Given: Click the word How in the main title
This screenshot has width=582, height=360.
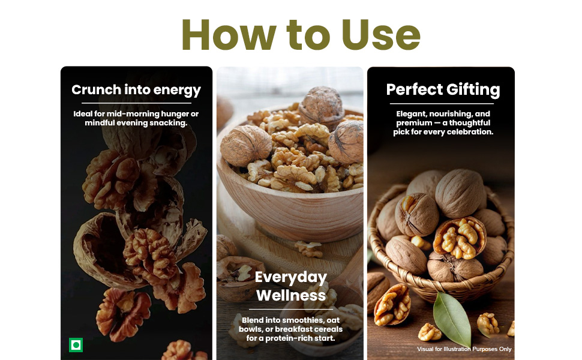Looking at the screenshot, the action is tap(229, 35).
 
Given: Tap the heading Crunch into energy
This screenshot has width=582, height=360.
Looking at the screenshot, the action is tap(136, 90).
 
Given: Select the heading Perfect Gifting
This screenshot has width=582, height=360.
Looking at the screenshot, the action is tap(443, 90).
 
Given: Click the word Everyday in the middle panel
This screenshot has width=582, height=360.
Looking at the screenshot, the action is tap(291, 277).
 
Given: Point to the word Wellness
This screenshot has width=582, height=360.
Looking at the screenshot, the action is tap(291, 295).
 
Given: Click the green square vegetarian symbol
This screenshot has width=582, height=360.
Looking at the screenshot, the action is tap(76, 345).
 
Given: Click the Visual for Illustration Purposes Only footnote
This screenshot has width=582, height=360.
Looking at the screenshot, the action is tap(464, 349).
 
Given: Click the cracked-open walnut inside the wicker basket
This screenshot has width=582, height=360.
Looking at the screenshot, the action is tap(460, 238).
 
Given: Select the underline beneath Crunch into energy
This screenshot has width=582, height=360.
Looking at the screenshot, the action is tap(136, 103).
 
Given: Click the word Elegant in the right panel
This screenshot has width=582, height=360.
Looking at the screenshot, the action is tap(411, 114).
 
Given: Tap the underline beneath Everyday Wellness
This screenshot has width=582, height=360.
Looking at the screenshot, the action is tap(291, 309).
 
